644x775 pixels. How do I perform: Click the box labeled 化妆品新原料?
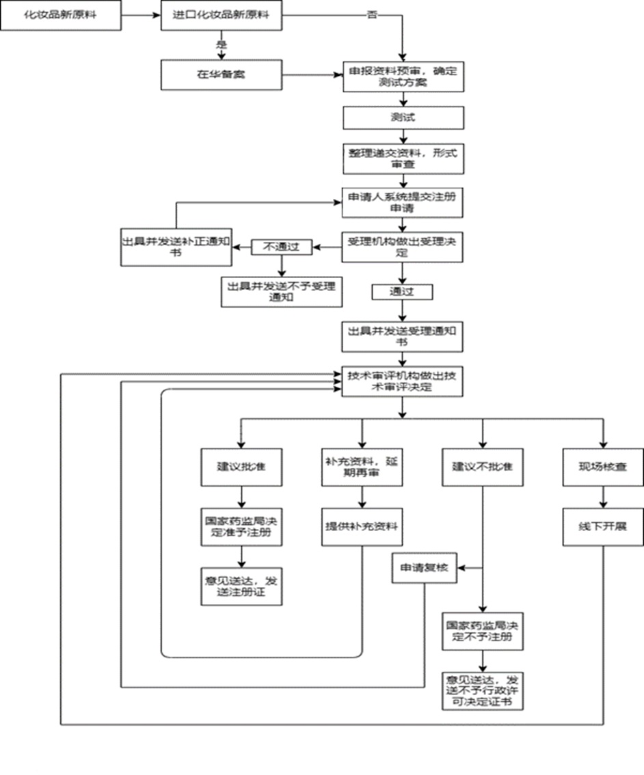[61, 14]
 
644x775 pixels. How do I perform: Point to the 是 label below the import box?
[221, 44]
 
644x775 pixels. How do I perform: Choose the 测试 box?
[403, 117]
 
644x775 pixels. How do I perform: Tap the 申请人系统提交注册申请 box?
[403, 202]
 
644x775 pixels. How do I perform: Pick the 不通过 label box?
[282, 246]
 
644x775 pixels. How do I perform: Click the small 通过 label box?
[403, 292]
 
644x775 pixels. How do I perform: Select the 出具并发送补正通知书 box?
[176, 246]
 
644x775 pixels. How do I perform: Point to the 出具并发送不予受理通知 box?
[282, 292]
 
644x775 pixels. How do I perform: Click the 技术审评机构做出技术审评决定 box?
[403, 380]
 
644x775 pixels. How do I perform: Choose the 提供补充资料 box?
[362, 526]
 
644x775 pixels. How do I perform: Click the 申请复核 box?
[424, 567]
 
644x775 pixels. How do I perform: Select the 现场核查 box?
[603, 467]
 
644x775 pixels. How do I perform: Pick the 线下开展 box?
[603, 526]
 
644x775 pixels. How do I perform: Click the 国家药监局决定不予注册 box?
[483, 632]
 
